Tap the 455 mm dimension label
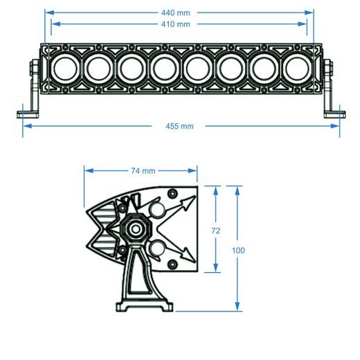(x=181, y=126)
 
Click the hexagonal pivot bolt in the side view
(x=133, y=229)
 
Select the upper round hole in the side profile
(x=158, y=210)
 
